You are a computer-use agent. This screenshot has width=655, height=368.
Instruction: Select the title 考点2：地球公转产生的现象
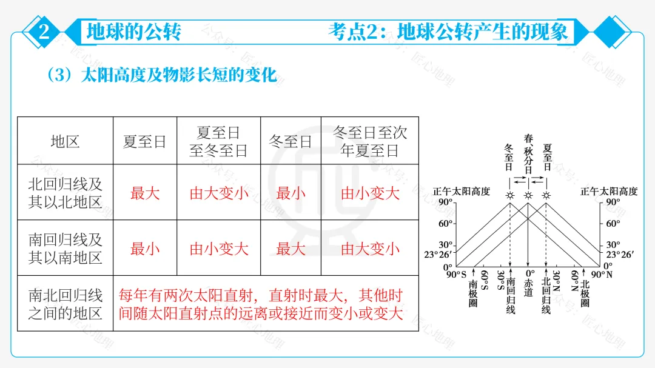coord(448,32)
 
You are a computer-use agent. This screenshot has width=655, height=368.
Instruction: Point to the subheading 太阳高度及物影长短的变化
coord(178,75)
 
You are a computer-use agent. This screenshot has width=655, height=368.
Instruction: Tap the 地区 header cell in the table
coord(65,142)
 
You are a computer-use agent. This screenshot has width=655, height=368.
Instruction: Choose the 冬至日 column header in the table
coord(291,142)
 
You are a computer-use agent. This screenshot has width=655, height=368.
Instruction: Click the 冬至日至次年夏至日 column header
coord(370,141)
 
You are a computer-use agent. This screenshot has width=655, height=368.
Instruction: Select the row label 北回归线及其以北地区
coord(65,193)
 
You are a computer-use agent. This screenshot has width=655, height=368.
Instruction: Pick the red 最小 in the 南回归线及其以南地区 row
coord(145,249)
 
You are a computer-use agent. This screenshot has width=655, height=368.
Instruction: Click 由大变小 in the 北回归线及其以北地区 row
coord(219,193)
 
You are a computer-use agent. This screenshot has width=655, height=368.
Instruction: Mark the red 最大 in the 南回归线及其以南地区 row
coord(291,249)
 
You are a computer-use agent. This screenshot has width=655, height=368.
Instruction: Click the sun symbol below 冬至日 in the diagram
coord(510,195)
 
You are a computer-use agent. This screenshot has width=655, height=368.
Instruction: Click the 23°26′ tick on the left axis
coord(438,255)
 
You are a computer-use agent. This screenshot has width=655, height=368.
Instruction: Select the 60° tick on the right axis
coord(613,223)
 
